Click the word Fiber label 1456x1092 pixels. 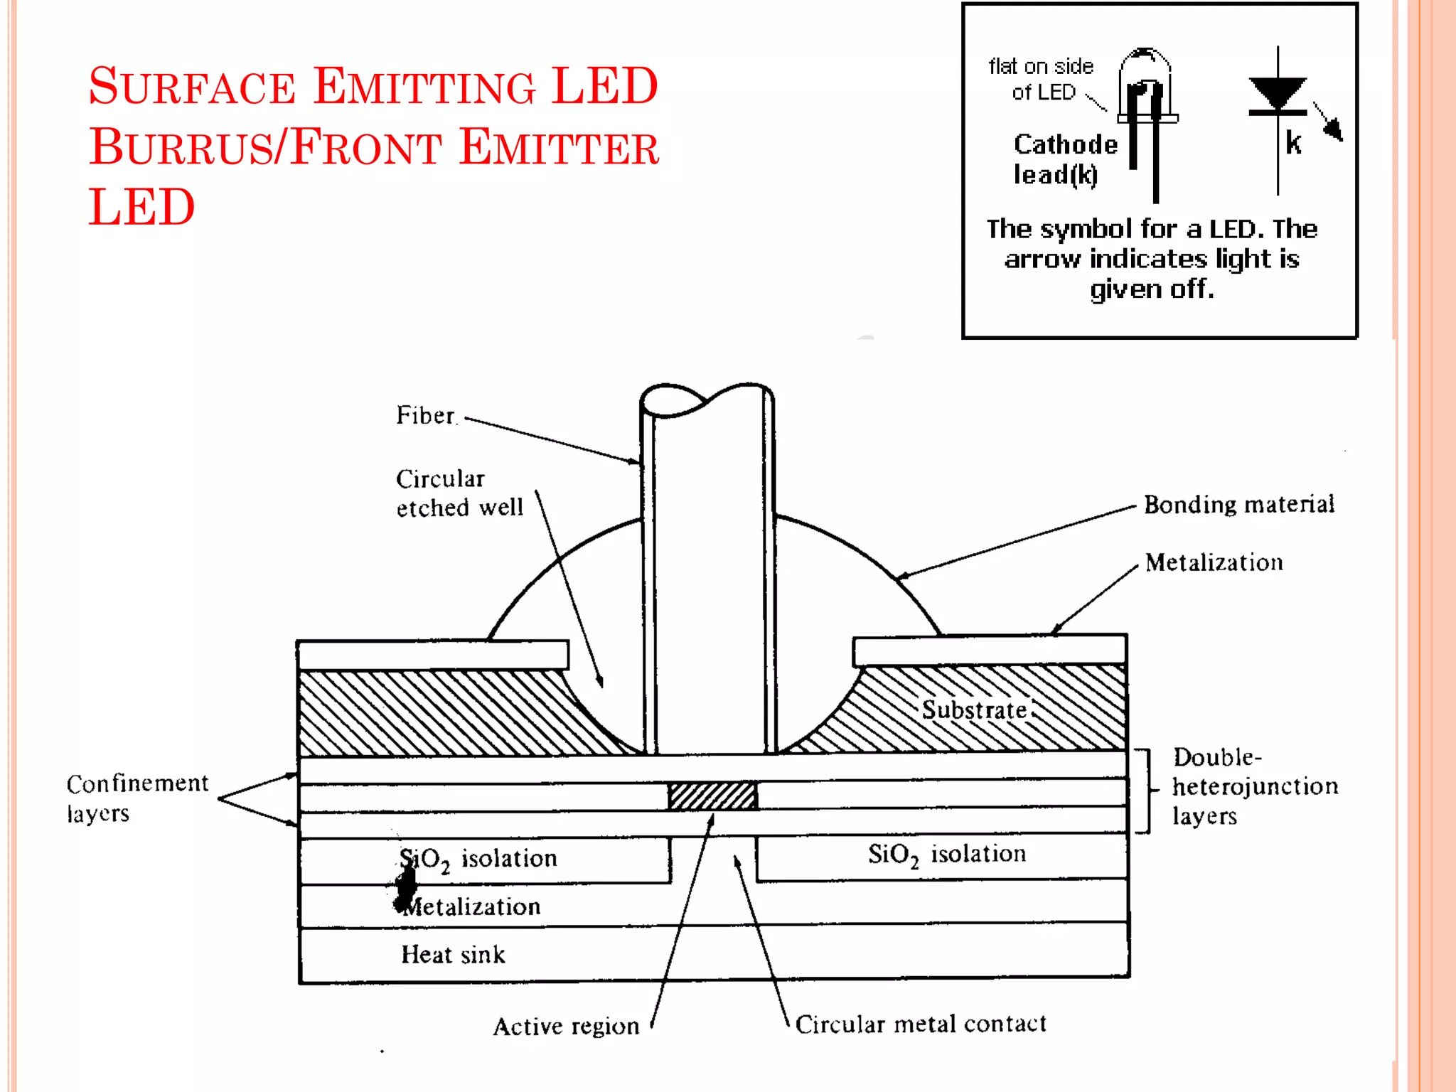(x=425, y=415)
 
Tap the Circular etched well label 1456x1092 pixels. (x=459, y=493)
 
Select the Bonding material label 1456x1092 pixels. (x=1238, y=504)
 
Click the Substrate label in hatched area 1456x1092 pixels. (x=974, y=710)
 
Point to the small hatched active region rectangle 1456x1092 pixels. (x=712, y=796)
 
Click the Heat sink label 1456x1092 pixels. (x=453, y=954)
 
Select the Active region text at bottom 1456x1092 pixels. (x=566, y=1026)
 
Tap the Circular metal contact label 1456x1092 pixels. (x=920, y=1024)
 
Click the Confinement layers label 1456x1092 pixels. (x=136, y=798)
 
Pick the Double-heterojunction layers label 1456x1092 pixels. (x=1254, y=786)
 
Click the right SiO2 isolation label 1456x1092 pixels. (x=946, y=854)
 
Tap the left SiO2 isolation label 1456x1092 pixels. (x=478, y=859)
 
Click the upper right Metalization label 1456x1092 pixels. (x=1214, y=562)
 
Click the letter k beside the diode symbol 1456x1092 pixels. (x=1293, y=143)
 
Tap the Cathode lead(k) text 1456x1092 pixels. (x=1064, y=159)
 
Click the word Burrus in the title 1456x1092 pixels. (x=181, y=147)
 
